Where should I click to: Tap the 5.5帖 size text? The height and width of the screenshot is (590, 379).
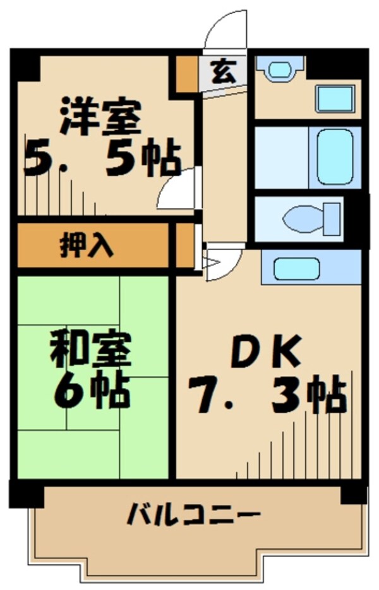click(101, 160)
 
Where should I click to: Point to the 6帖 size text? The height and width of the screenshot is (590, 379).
click(92, 392)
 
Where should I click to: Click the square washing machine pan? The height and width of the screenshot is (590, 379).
click(334, 98)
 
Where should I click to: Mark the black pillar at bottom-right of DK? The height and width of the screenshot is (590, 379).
click(353, 492)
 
